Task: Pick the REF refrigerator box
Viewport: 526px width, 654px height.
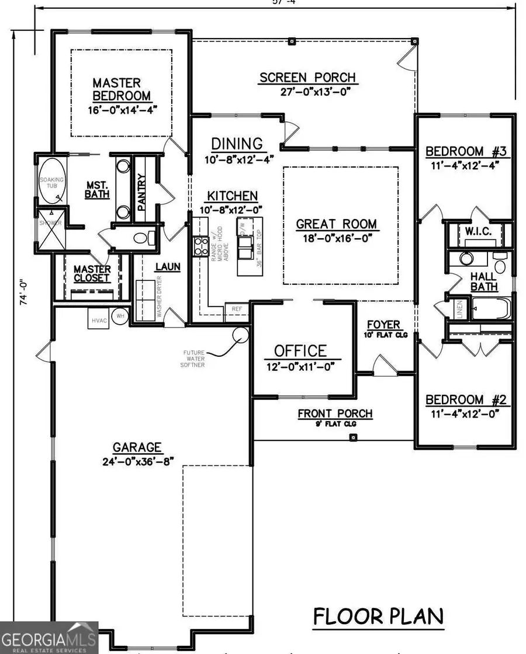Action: (237, 308)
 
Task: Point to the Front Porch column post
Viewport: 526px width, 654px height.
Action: (352, 438)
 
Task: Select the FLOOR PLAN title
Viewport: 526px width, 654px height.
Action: (378, 616)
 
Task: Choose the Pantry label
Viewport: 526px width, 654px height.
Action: (141, 193)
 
